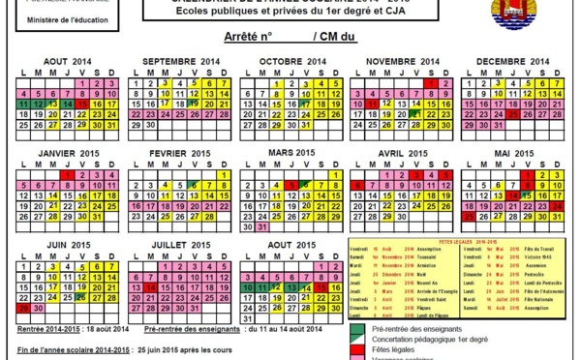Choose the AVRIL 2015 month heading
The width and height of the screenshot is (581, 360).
(x=402, y=153)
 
